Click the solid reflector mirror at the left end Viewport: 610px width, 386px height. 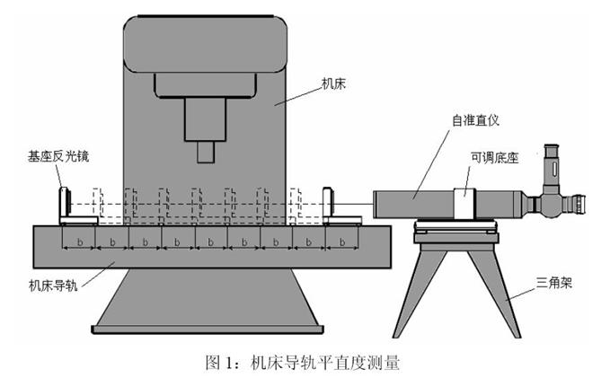[x=66, y=204]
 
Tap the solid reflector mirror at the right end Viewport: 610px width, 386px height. [x=329, y=204]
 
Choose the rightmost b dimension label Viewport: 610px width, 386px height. [x=342, y=242]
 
